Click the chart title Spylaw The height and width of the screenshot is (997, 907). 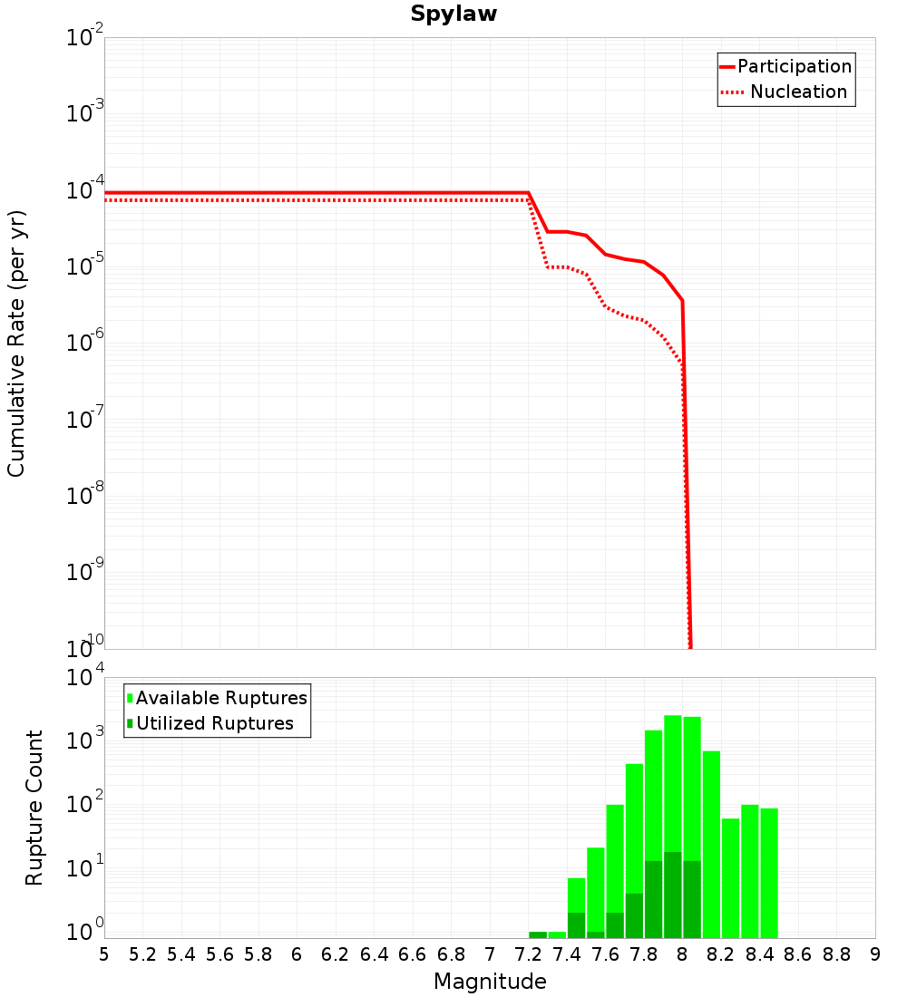coord(453,15)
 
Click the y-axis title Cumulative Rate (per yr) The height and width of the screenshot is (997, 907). coord(16,344)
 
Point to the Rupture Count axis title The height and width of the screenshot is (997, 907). coord(34,808)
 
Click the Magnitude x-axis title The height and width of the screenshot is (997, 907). coord(490,982)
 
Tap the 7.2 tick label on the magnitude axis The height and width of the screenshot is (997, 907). coord(528,954)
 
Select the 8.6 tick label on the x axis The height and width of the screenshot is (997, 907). coord(798,954)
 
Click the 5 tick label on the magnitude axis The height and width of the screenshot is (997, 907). coord(104,954)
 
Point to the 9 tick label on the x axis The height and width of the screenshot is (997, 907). coord(875,954)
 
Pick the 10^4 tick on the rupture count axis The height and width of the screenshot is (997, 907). coord(86,678)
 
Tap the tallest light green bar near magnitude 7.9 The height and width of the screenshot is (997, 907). coord(673,779)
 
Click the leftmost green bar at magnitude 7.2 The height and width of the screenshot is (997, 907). coord(538,934)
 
